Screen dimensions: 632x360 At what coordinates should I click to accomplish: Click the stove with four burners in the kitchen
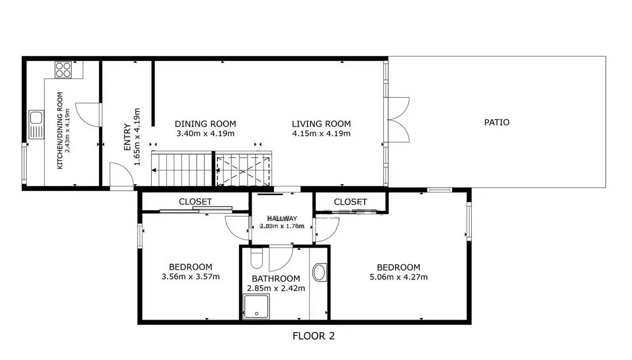point(63,69)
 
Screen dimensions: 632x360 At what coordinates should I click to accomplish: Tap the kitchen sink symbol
point(36,125)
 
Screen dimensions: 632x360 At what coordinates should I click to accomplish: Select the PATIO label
point(496,123)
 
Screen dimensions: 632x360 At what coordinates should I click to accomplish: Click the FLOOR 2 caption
point(314,336)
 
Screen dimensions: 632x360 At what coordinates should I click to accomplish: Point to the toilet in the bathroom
point(257,258)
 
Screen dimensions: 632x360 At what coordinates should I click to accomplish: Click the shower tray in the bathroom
point(256,307)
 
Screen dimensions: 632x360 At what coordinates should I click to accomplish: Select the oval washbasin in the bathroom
point(320,272)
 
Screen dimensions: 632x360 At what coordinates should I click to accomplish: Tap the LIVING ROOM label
point(321,124)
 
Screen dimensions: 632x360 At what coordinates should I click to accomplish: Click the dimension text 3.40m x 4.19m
point(205,134)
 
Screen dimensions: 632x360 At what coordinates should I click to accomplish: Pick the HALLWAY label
point(282,218)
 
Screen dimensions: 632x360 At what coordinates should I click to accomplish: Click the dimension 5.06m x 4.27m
point(398,277)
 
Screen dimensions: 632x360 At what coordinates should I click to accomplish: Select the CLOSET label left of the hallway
point(196,202)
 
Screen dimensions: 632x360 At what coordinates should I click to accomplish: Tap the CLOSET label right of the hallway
point(350,202)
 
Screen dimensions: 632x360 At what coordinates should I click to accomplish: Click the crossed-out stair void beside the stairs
point(243,171)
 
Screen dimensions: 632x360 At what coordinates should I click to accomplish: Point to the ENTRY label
point(127,137)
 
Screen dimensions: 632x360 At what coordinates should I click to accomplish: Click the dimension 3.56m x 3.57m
point(190,277)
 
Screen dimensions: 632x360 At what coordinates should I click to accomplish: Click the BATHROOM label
point(276,279)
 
